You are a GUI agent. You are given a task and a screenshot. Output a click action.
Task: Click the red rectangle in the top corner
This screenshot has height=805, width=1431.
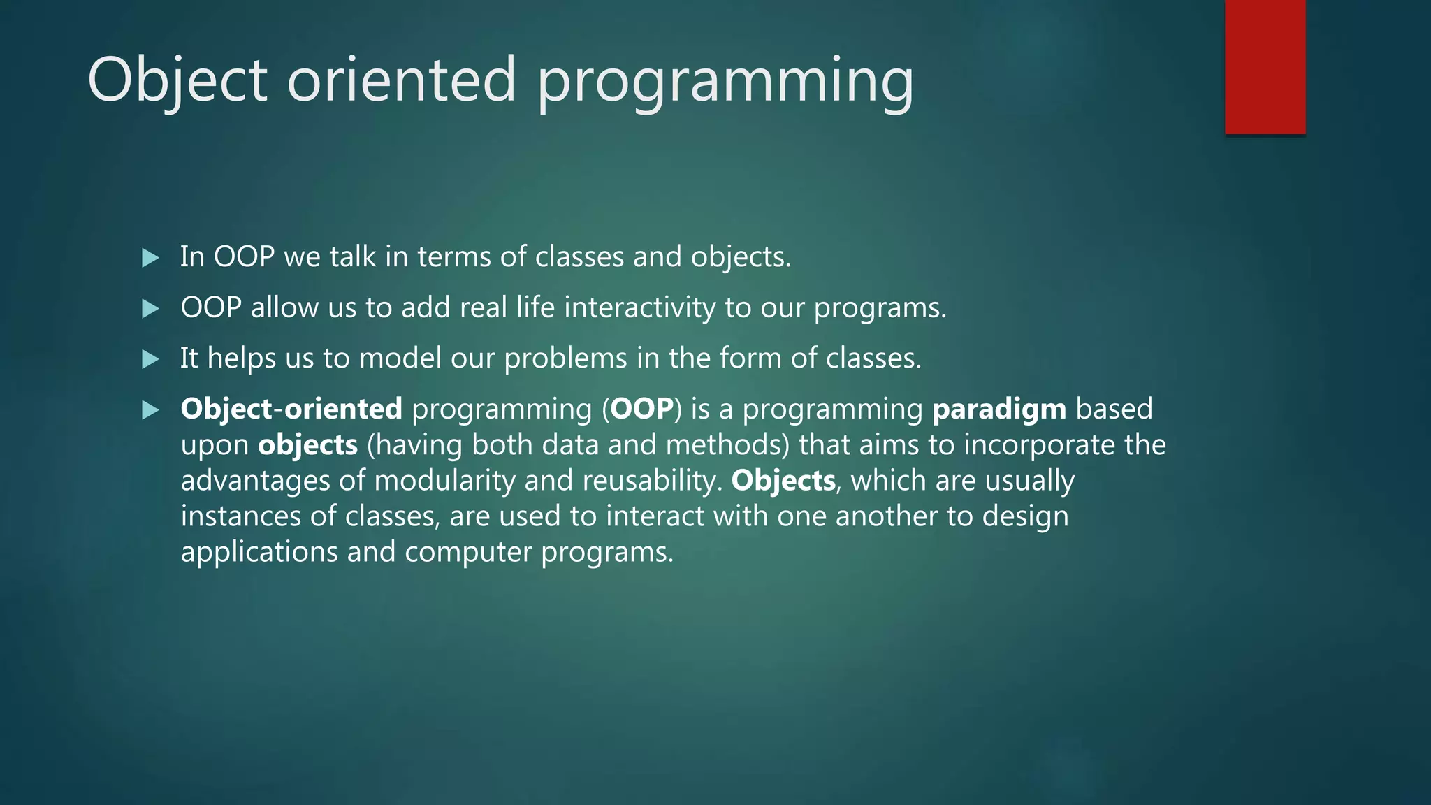(1265, 67)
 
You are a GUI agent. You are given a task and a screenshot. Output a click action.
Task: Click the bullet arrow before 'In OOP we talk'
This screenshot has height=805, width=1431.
(150, 258)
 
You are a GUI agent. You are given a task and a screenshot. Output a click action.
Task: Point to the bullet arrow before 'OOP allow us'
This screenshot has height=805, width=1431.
(150, 309)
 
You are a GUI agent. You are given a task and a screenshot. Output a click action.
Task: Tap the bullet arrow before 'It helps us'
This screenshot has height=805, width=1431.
(150, 359)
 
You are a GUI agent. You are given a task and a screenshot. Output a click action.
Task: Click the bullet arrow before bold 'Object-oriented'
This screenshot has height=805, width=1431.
(150, 410)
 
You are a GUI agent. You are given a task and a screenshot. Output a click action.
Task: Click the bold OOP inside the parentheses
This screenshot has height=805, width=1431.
(642, 409)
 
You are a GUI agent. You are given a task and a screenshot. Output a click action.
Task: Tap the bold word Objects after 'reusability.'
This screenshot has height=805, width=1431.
(783, 481)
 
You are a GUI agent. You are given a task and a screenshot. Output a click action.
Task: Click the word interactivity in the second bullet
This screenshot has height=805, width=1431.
(639, 308)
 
